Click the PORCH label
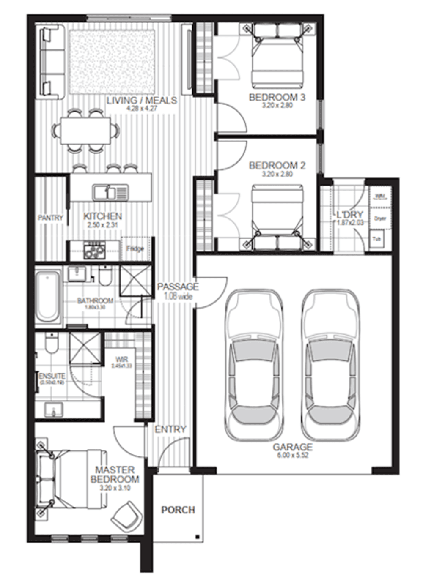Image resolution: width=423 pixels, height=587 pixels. click(178, 510)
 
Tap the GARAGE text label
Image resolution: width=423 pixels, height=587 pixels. click(292, 447)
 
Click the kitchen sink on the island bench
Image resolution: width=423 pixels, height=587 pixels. click(110, 192)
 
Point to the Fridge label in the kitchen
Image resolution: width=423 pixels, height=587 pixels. click(135, 248)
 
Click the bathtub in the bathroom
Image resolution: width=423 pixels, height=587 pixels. click(47, 296)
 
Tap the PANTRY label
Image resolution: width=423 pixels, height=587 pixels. click(50, 218)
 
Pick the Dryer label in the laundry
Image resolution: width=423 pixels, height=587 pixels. click(380, 219)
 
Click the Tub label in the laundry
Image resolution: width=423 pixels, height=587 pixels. click(376, 239)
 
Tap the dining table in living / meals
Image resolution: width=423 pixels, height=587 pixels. click(85, 130)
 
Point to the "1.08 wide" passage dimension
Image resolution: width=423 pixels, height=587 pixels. click(178, 297)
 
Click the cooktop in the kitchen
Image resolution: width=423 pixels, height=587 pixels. click(94, 250)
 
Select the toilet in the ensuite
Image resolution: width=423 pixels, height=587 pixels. click(52, 343)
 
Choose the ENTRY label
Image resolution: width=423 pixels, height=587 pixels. click(170, 429)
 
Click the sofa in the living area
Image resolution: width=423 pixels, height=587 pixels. click(52, 62)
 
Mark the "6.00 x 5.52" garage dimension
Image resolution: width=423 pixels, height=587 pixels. click(292, 456)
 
